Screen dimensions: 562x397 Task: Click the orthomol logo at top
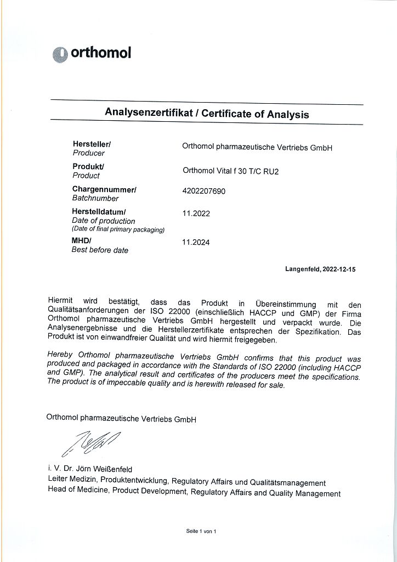[92, 53]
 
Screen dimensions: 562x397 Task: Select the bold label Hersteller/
[92, 144]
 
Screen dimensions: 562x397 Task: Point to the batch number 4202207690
[203, 192]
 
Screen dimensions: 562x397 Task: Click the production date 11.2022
[196, 213]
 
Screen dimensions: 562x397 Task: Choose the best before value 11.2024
[196, 241]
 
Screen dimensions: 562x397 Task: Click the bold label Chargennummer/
[104, 189]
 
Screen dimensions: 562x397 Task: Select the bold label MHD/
[82, 241]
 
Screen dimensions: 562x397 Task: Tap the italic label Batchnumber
[95, 199]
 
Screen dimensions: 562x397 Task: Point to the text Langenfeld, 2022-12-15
[320, 269]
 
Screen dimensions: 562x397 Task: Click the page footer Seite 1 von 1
[201, 531]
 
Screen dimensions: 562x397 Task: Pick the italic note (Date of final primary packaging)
[118, 229]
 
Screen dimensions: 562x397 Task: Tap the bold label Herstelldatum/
[99, 212]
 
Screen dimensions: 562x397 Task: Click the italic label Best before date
[100, 250]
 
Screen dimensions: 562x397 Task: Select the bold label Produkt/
[88, 166]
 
